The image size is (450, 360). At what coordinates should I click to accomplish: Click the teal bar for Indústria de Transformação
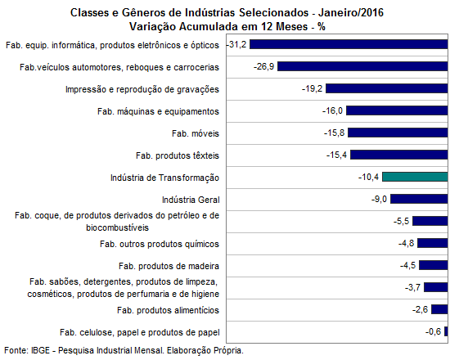click(x=415, y=177)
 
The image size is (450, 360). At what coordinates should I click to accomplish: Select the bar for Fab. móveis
click(x=398, y=133)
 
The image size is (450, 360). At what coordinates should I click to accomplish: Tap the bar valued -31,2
click(x=349, y=44)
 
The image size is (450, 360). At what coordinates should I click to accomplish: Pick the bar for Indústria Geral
click(x=419, y=199)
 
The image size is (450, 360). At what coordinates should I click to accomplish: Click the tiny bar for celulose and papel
click(x=446, y=331)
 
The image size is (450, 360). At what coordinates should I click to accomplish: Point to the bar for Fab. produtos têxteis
click(x=399, y=155)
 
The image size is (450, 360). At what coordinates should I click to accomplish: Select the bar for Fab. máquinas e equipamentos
click(x=397, y=110)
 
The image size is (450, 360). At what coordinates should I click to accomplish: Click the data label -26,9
click(x=263, y=66)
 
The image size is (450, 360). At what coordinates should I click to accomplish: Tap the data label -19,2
click(x=312, y=88)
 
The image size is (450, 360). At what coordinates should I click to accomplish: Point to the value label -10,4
click(x=368, y=177)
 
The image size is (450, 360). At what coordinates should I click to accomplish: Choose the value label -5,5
click(x=401, y=222)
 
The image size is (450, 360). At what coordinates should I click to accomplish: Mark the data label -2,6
click(x=421, y=309)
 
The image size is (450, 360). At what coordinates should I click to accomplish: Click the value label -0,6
click(x=433, y=331)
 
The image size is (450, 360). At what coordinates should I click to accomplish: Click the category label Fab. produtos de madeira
click(x=169, y=266)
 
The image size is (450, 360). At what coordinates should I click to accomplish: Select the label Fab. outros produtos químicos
click(x=160, y=244)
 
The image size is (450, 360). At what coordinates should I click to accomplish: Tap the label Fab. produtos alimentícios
click(x=168, y=310)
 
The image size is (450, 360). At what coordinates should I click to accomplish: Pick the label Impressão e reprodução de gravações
click(x=142, y=89)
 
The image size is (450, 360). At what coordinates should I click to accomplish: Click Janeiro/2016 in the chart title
click(x=351, y=12)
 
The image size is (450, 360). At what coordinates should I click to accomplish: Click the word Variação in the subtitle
click(x=153, y=26)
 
